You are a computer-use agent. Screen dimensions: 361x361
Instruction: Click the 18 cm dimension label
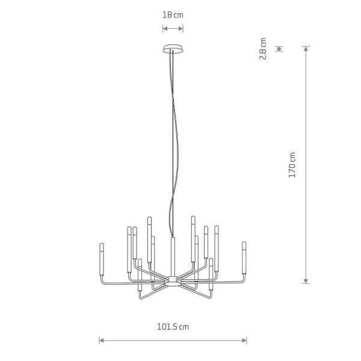(173, 15)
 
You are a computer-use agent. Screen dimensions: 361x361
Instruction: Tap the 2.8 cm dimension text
(263, 49)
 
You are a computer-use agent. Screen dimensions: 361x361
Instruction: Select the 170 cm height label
(292, 165)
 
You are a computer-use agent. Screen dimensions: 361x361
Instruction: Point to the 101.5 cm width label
(173, 327)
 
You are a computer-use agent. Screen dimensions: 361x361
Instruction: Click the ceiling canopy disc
(173, 49)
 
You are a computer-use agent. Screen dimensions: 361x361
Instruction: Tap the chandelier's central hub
(173, 281)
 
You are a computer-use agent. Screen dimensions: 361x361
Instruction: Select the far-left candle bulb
(102, 259)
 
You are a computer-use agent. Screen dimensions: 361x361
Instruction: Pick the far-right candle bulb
(244, 258)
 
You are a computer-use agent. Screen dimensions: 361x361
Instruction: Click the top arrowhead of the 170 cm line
(306, 49)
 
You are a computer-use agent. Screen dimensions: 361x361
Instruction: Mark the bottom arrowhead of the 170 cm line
(306, 281)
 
